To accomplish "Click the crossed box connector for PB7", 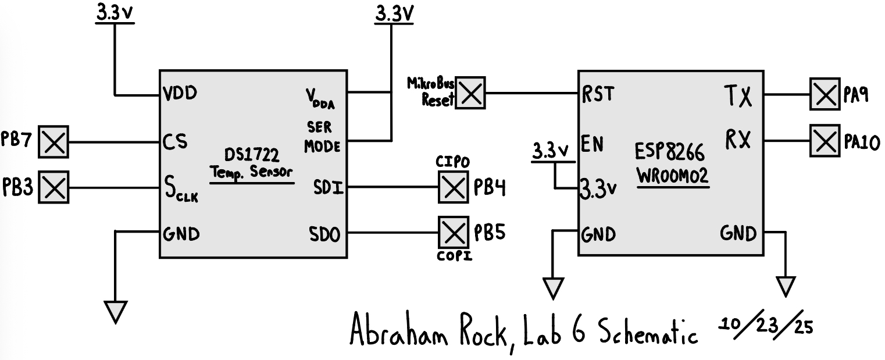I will (x=53, y=142).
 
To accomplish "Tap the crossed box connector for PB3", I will (x=53, y=187).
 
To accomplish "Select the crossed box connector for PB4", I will (x=452, y=187).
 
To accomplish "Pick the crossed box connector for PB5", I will (x=452, y=233).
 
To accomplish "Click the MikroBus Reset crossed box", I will (x=471, y=94).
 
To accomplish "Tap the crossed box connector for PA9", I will (x=825, y=94).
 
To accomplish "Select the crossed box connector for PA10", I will (x=825, y=140).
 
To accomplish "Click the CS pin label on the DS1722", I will (x=175, y=142).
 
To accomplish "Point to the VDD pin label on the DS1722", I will (x=180, y=94).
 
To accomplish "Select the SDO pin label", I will (x=324, y=234).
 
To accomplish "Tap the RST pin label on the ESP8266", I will (x=598, y=94).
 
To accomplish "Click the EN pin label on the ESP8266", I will (x=593, y=142).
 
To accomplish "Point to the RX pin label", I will (x=737, y=141).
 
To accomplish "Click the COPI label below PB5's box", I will (x=452, y=256).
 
